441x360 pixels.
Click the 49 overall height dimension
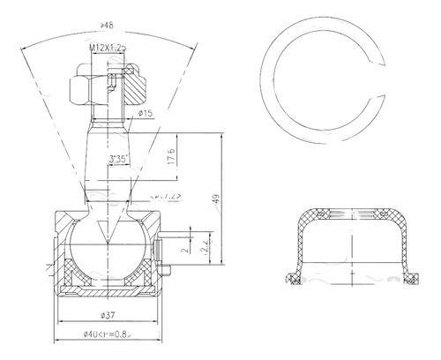click(x=215, y=201)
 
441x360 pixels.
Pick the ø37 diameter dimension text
click(x=109, y=313)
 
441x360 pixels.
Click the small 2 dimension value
click(x=184, y=250)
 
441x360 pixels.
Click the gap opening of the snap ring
click(x=376, y=72)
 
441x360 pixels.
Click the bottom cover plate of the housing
click(x=109, y=292)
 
